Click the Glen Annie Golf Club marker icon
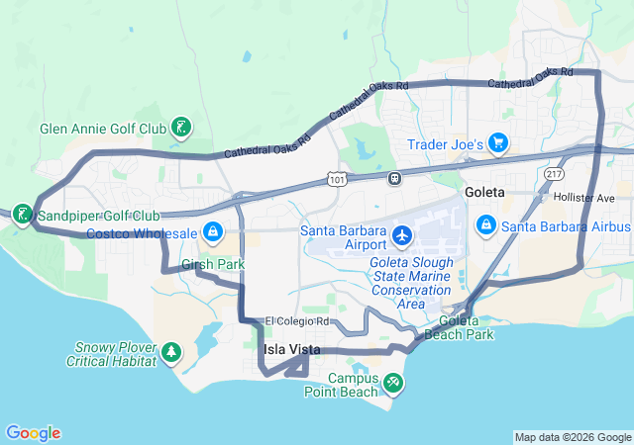point(182,128)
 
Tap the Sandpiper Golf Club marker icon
point(22,215)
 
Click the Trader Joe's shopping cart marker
point(497,144)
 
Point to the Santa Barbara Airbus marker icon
point(485,226)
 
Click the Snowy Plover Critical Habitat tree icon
point(171,351)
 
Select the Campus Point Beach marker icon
point(392,381)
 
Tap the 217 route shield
point(553,173)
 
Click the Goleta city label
point(483,191)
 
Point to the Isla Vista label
point(287,349)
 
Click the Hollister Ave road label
point(585,198)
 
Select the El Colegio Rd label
point(297,321)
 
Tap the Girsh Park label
point(213,264)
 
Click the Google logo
point(33,433)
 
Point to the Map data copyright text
point(573,437)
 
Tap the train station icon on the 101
point(394,178)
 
